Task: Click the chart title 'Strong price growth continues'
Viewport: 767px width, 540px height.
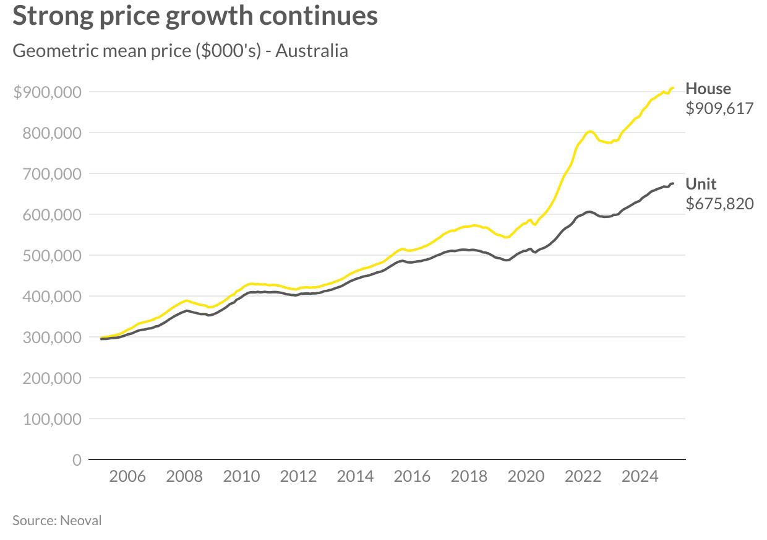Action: click(x=195, y=15)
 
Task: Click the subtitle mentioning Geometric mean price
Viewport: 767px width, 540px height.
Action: click(x=180, y=50)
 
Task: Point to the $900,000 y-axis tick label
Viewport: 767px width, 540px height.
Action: click(x=48, y=92)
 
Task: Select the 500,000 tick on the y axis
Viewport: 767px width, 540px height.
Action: click(x=52, y=256)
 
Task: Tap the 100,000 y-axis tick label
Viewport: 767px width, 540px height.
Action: click(x=52, y=419)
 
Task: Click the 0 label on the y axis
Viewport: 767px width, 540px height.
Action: click(x=77, y=460)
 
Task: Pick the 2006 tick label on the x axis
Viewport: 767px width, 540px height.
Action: click(x=127, y=476)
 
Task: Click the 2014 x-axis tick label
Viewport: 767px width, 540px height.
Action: click(x=355, y=476)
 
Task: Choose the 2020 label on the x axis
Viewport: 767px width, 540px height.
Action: click(x=526, y=476)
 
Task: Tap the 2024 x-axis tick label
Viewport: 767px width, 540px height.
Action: click(x=640, y=476)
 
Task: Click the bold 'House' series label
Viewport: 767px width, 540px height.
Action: click(x=708, y=89)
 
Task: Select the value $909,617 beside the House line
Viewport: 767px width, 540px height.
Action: click(x=719, y=108)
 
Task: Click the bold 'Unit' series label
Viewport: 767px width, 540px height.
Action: click(x=701, y=184)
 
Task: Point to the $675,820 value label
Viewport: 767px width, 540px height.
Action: click(x=719, y=204)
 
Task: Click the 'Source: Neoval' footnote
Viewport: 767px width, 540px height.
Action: click(x=57, y=520)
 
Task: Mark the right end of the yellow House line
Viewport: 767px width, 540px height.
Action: click(x=673, y=88)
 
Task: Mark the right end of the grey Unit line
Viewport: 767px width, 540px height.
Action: click(x=673, y=183)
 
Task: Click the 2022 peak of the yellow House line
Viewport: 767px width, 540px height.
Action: click(x=589, y=131)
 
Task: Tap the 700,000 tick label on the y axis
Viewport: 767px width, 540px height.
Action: click(x=52, y=174)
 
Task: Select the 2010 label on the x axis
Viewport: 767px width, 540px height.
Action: click(x=241, y=476)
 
